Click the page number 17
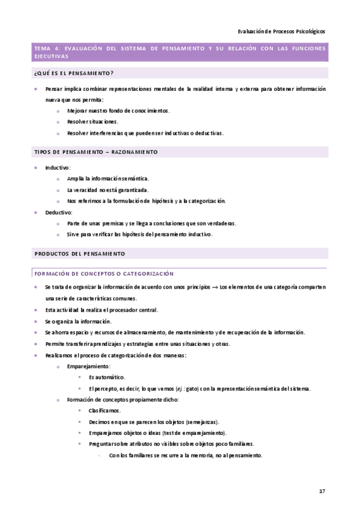click(322, 491)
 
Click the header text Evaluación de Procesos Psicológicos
click(282, 31)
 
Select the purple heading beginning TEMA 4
click(180, 52)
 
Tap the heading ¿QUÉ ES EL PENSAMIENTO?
click(74, 73)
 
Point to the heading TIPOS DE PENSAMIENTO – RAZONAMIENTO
click(96, 152)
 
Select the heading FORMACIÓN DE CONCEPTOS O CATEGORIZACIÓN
click(104, 273)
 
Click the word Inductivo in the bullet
click(58, 167)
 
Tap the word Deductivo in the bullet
click(58, 212)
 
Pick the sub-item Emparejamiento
click(88, 366)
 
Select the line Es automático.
click(106, 377)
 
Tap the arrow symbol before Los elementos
click(213, 287)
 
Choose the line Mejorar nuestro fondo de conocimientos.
click(118, 111)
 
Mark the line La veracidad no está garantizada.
click(108, 190)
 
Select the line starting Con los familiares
click(186, 455)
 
